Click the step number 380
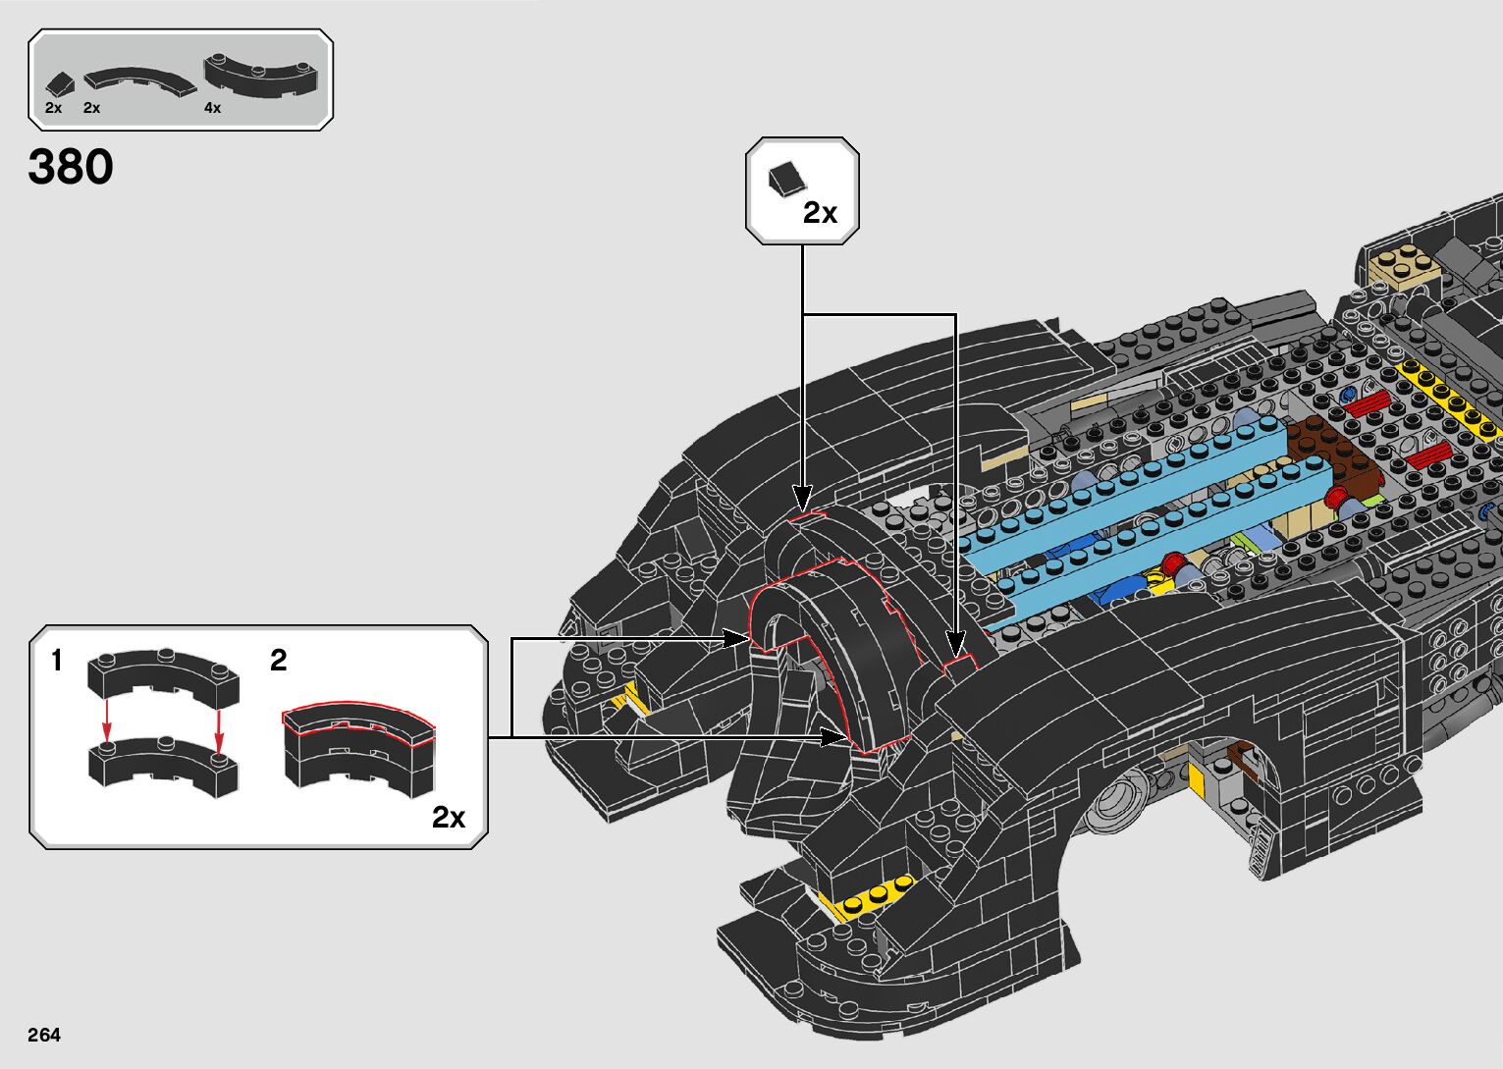[x=71, y=167]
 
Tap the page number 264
[x=44, y=1035]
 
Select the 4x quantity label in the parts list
[x=213, y=107]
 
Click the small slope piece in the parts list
[x=61, y=83]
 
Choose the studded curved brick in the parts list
[x=262, y=76]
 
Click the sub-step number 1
[x=57, y=661]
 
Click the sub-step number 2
[x=279, y=661]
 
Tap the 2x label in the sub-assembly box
[x=449, y=817]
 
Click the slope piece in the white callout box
[x=786, y=180]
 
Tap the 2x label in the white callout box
[x=820, y=213]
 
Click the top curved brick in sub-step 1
[x=163, y=676]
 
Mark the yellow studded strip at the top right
[x=1449, y=399]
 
